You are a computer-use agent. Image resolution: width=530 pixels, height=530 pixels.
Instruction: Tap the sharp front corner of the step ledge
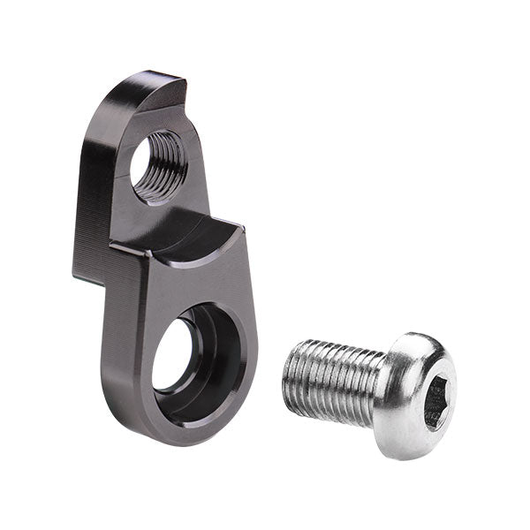(x=141, y=251)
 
